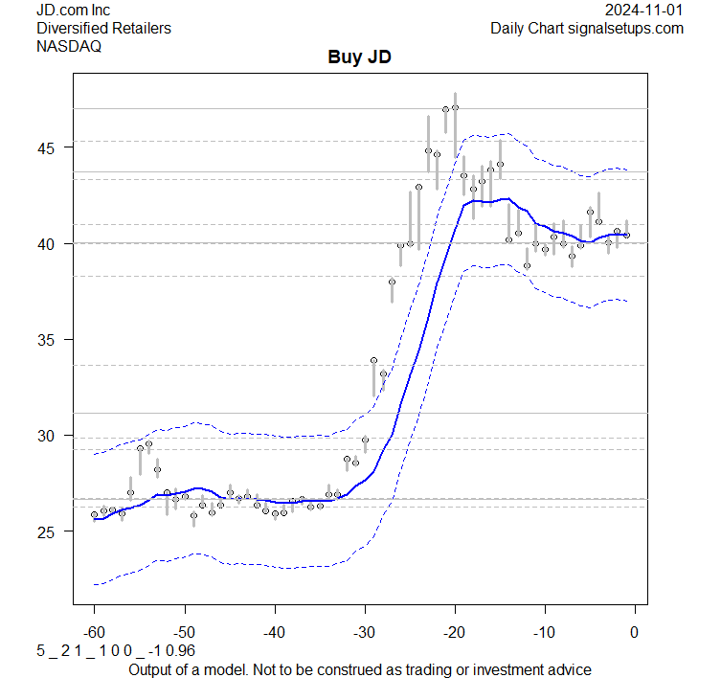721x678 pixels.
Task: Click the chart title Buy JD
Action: [x=360, y=58]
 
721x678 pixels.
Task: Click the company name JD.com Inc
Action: [x=73, y=10]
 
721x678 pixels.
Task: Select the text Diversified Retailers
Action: [x=103, y=28]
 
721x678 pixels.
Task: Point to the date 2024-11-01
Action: [x=644, y=10]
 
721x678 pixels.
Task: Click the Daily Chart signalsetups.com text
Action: [x=587, y=28]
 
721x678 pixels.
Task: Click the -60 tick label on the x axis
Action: [x=94, y=631]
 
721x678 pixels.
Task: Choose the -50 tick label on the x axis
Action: [x=184, y=631]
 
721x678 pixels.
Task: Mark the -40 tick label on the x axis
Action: [x=274, y=631]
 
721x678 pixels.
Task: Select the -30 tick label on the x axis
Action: [x=364, y=631]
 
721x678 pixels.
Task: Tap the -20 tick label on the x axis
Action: [x=454, y=631]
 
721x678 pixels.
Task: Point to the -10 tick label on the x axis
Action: [x=544, y=631]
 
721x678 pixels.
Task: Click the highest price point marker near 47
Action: [x=455, y=108]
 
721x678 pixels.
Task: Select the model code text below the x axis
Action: [x=94, y=651]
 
